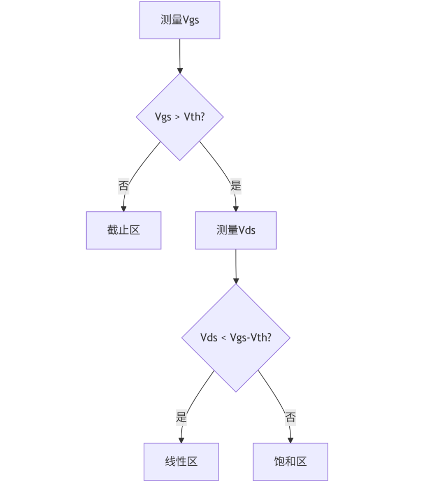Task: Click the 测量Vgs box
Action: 179,20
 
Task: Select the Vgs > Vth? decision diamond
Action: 179,117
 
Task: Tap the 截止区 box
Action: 123,230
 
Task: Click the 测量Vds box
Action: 235,230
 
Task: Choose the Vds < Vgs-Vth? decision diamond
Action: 235,338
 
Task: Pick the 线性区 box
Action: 181,462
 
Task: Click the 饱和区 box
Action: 290,462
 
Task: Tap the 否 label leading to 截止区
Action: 123,185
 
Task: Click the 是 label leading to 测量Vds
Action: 235,185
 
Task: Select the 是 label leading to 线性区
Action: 181,418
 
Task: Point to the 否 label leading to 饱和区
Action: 290,418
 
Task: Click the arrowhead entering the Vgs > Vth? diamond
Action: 179,70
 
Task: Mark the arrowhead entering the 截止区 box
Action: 123,208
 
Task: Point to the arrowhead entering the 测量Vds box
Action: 235,208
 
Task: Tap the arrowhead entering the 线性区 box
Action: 181,440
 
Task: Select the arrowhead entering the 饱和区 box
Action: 290,440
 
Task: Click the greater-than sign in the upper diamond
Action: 177,117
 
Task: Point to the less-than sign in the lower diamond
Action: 224,338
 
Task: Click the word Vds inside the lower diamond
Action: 209,338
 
